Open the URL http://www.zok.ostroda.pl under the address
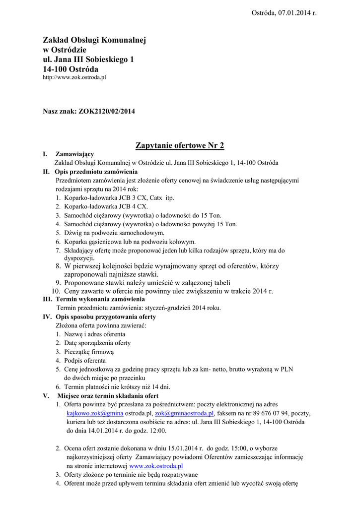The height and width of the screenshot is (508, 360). (74, 78)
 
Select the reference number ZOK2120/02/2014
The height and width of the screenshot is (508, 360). (107, 112)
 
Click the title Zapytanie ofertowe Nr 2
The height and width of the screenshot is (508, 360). (180, 145)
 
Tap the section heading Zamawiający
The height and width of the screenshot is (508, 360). (74, 154)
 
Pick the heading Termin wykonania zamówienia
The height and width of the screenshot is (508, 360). (100, 299)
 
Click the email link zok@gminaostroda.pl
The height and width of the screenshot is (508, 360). (184, 413)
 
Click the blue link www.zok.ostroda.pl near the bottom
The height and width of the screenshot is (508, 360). (156, 466)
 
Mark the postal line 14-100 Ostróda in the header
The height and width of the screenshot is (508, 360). (71, 69)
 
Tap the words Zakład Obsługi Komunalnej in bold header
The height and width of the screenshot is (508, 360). (94, 40)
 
